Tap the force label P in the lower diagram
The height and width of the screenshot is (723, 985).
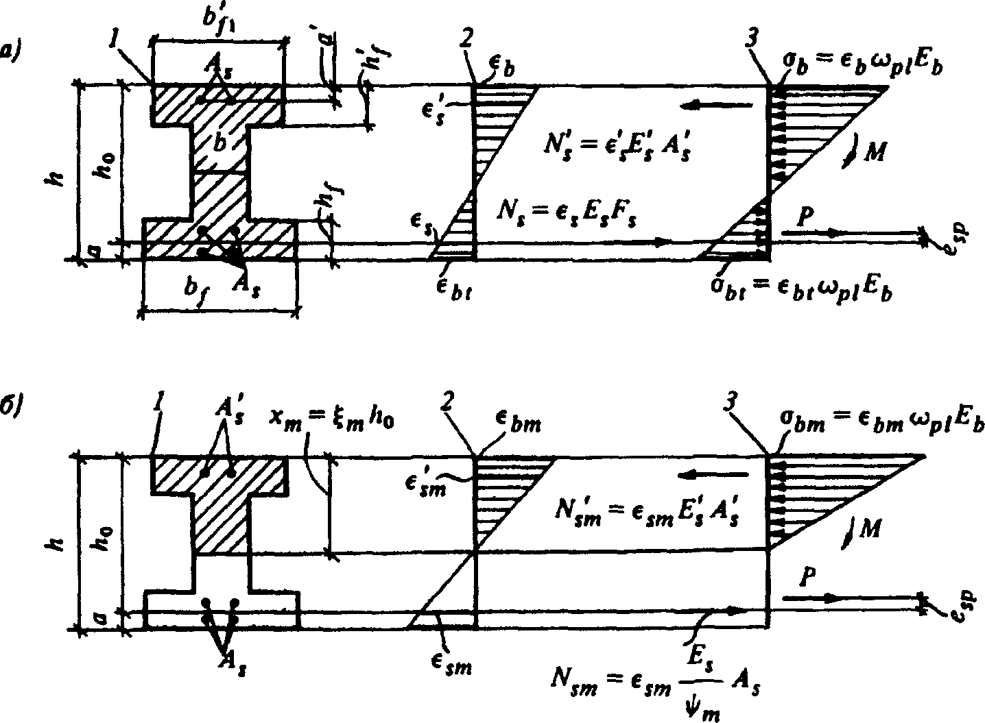(807, 579)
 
